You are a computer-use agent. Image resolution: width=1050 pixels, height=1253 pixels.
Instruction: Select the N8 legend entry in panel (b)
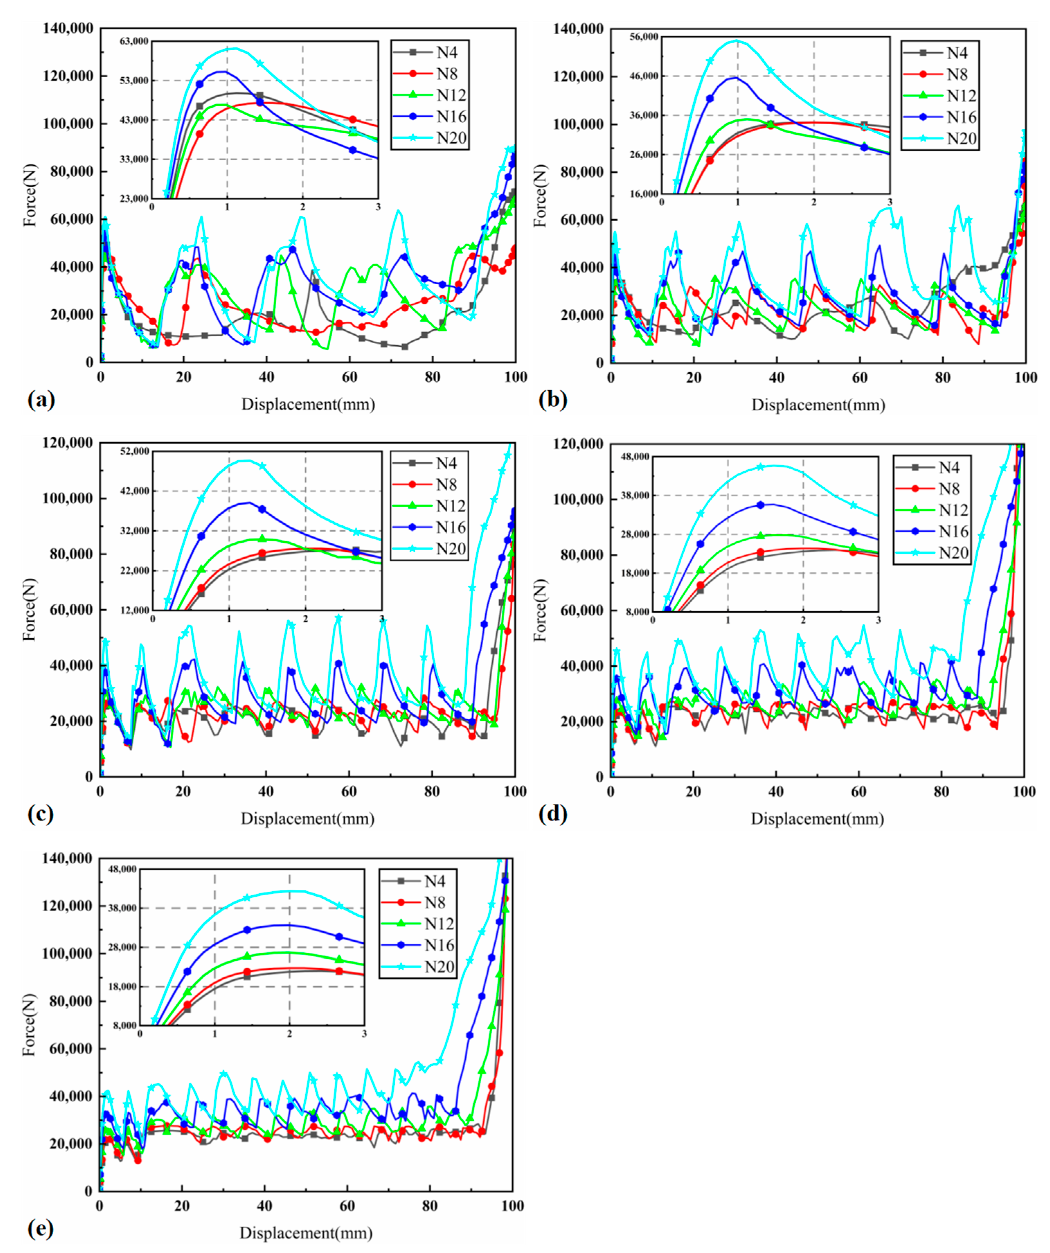coord(958,74)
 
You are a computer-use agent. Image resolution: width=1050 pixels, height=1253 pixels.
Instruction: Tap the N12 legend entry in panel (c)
coord(450,506)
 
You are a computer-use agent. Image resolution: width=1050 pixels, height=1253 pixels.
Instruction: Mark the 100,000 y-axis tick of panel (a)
coord(68,124)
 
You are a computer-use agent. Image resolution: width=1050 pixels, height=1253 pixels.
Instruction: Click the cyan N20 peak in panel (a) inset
coord(234,48)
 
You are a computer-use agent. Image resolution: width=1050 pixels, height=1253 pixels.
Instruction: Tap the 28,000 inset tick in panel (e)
coord(123,948)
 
